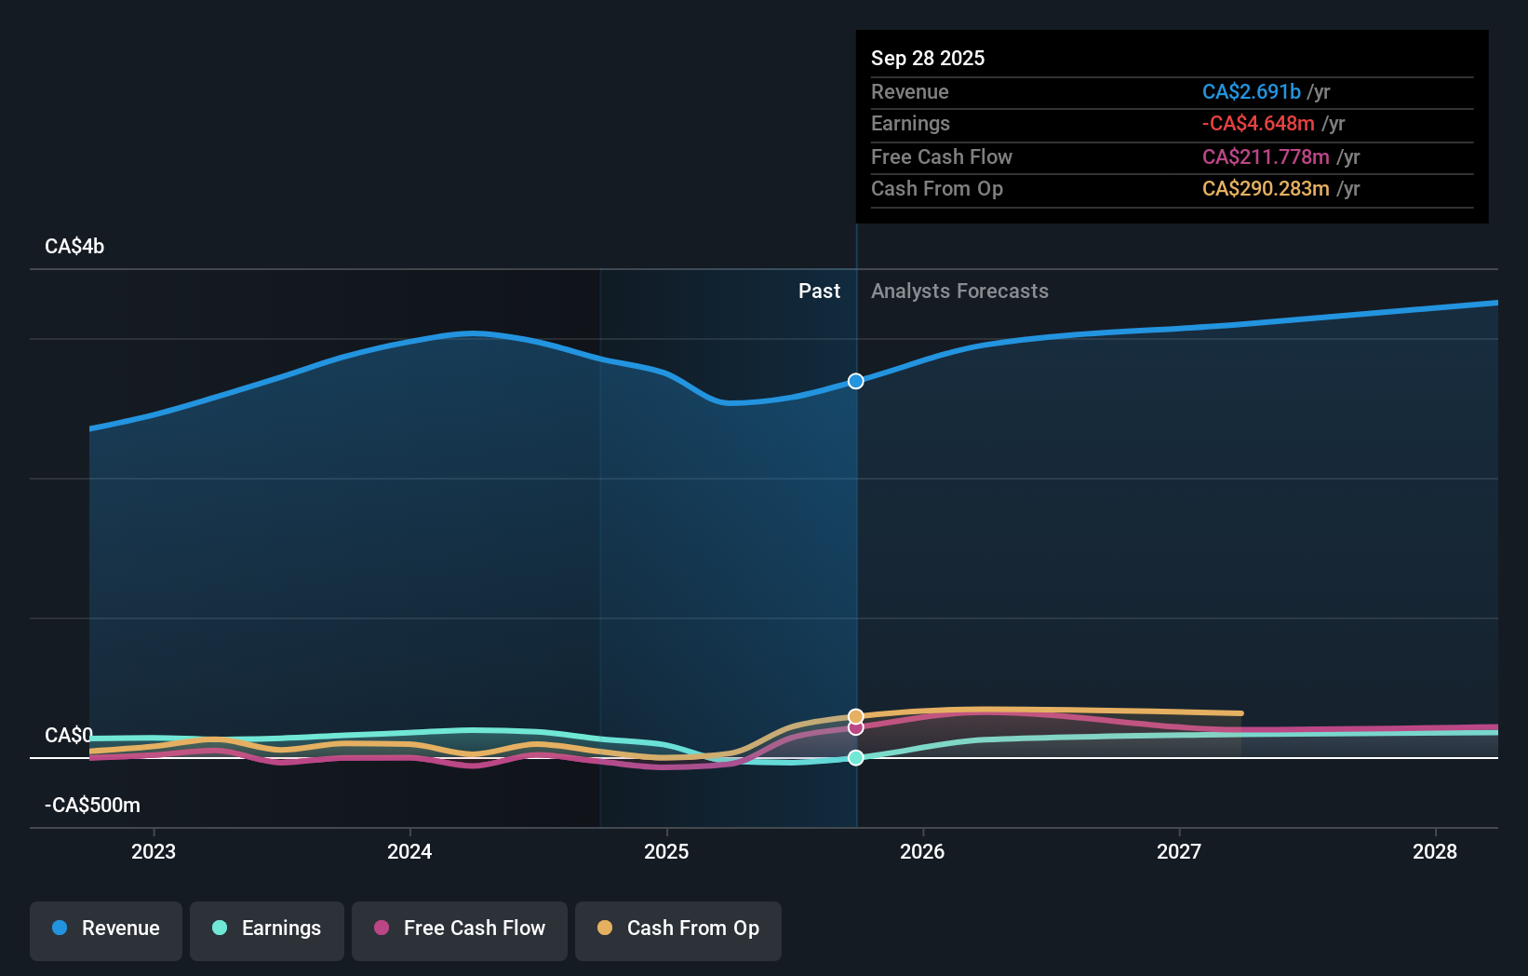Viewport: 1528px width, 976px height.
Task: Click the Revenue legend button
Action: pyautogui.click(x=106, y=929)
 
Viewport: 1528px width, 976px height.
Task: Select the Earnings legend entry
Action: pyautogui.click(x=267, y=929)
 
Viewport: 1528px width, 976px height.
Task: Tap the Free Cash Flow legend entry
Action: pyautogui.click(x=460, y=929)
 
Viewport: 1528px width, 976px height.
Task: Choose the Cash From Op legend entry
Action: pyautogui.click(x=678, y=929)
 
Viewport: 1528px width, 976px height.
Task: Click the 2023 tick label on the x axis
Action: pyautogui.click(x=154, y=852)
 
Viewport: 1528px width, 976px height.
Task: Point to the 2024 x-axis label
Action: pyautogui.click(x=409, y=852)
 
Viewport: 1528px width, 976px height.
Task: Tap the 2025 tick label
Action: pyautogui.click(x=666, y=852)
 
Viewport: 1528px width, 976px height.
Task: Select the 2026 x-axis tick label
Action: pyautogui.click(x=922, y=852)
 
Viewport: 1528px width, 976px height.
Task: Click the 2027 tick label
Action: pyautogui.click(x=1179, y=852)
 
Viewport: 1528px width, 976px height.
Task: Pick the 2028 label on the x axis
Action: pyautogui.click(x=1435, y=852)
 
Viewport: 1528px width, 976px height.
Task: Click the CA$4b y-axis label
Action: pyautogui.click(x=74, y=247)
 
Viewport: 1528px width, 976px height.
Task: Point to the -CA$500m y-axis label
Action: pyautogui.click(x=92, y=806)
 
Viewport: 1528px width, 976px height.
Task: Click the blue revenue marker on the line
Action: pyautogui.click(x=856, y=381)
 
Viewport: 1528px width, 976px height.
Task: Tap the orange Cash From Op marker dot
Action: pyautogui.click(x=856, y=716)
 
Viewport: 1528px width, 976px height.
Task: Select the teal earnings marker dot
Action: pyautogui.click(x=856, y=758)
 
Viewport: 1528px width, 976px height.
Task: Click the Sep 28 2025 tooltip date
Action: pyautogui.click(x=928, y=59)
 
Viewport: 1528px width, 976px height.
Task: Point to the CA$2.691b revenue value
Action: pyautogui.click(x=1251, y=92)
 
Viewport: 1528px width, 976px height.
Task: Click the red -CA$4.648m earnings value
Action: pyautogui.click(x=1258, y=124)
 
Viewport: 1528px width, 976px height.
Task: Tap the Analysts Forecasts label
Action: pyautogui.click(x=959, y=291)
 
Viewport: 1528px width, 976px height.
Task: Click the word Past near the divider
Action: pyautogui.click(x=819, y=291)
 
